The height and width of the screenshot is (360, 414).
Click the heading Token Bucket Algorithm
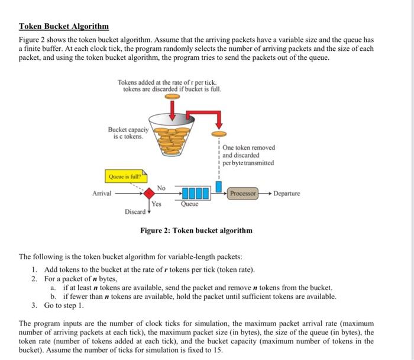coord(64,27)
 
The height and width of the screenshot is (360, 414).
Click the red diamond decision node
coord(150,193)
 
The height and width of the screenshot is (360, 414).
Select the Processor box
coord(242,194)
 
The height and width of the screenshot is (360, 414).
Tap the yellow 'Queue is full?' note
coord(125,175)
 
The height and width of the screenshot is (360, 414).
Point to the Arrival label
coord(103,194)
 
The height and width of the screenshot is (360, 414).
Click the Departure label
coord(286,194)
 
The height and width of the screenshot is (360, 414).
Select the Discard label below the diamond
coord(135,211)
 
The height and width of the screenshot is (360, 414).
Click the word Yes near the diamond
coord(156,204)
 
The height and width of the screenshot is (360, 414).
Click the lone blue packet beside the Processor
coord(219,188)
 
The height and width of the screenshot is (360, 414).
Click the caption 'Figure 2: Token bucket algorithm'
coord(196,230)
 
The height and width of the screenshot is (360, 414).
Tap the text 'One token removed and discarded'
coord(248,151)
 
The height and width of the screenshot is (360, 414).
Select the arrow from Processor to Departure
coord(265,194)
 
